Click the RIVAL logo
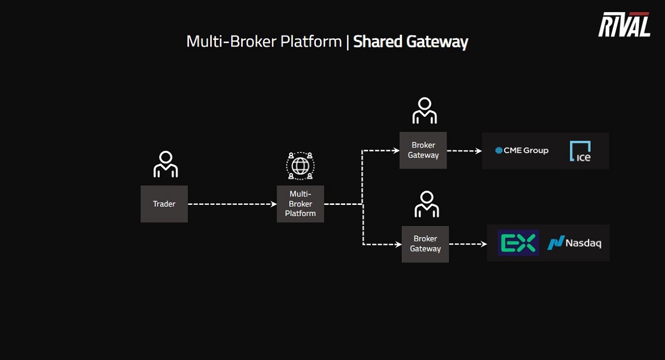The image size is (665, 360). point(624,25)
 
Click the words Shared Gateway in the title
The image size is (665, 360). point(411,42)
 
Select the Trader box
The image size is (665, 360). point(164,204)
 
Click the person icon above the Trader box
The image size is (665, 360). point(165,164)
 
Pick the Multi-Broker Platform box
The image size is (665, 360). point(300,204)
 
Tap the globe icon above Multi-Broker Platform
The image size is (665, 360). point(300,165)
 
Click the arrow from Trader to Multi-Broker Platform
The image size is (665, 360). point(232,204)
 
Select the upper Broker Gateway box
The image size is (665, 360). point(423,150)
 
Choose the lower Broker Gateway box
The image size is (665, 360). point(425,244)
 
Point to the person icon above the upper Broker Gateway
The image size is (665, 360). point(424,111)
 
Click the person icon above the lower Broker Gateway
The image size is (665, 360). point(426,204)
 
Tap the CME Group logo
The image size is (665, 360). point(521,150)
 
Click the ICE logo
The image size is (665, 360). point(580,151)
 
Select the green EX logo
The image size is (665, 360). point(518,243)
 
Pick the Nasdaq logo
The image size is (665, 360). point(575,243)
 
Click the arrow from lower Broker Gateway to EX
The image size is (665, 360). point(468,244)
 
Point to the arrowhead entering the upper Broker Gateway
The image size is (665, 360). point(396,150)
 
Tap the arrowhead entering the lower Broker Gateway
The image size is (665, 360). point(398,244)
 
